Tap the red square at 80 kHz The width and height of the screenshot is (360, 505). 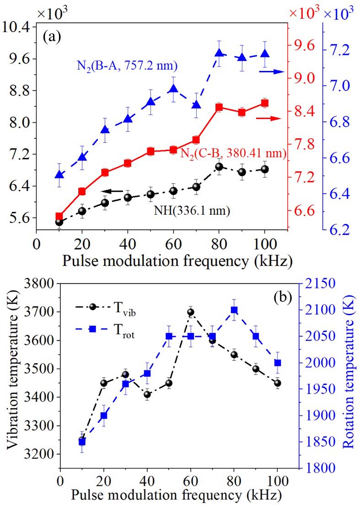click(219, 108)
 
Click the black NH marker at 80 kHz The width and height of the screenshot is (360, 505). click(219, 167)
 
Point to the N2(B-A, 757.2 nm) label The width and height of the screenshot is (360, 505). click(124, 67)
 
